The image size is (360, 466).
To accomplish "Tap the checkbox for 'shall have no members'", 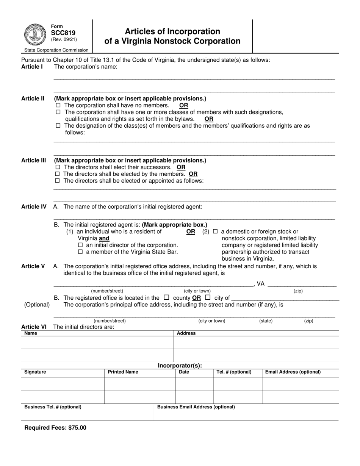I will [x=58, y=105].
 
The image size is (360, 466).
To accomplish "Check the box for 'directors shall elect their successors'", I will [x=58, y=167].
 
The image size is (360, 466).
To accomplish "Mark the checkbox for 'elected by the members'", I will [x=58, y=174].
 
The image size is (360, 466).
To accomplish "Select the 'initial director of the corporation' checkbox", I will [x=80, y=245].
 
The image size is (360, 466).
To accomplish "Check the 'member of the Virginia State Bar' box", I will [x=80, y=252].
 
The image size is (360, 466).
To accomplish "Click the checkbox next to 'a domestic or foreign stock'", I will [x=215, y=231].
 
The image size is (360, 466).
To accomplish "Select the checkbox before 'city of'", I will [x=207, y=297].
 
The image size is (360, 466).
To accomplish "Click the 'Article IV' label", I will [x=34, y=206].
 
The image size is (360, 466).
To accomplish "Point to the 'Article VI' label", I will [x=34, y=327].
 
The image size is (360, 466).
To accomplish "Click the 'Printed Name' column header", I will [x=123, y=372].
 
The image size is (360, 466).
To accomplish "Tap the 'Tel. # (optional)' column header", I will [x=234, y=372].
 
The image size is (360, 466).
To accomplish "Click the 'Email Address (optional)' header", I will [x=293, y=372].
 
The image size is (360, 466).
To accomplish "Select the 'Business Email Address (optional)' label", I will [x=196, y=407].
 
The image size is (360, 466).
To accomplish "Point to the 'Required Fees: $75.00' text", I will [x=55, y=428].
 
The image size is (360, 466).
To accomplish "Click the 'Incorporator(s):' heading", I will [x=180, y=366].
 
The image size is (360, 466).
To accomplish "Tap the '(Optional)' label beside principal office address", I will [x=37, y=305].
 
